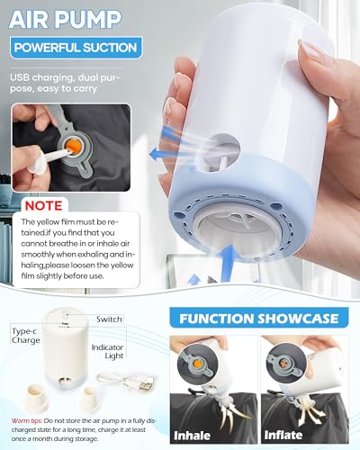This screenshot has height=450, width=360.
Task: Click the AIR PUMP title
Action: coord(65,19)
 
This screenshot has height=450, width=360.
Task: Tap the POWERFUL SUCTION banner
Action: coord(76,48)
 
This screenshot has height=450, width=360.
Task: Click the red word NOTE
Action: coord(44,205)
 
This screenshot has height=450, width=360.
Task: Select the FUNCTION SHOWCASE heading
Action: coord(258,319)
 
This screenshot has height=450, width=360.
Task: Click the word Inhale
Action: coord(192,436)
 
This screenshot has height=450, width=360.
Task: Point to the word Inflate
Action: coord(283,435)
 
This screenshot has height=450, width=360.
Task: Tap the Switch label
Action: coord(109,319)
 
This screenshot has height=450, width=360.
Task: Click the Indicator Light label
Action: coord(107,351)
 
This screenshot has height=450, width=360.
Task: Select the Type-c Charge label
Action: coord(26,336)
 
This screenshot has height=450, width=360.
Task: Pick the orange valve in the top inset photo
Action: coord(73,147)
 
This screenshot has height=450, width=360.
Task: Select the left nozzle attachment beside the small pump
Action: coord(37,398)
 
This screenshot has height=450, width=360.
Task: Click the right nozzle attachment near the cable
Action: coord(90,400)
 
